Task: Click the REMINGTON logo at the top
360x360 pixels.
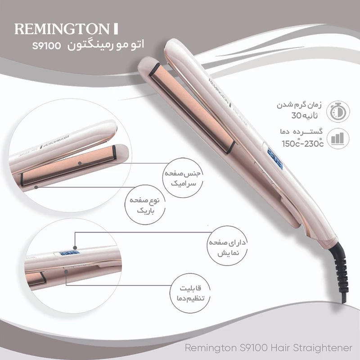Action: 66,29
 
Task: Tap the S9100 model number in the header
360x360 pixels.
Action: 47,46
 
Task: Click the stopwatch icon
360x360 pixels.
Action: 338,112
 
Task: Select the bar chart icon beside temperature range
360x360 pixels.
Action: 337,139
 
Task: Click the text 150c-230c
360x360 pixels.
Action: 302,143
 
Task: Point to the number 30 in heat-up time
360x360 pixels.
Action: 296,116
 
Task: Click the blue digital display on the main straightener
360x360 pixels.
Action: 275,159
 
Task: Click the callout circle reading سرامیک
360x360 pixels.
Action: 183,178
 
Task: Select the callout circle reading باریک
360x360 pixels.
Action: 144,205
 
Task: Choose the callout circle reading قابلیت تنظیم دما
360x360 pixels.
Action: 190,293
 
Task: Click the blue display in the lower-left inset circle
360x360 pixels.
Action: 69,253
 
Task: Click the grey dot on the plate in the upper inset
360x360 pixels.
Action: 80,163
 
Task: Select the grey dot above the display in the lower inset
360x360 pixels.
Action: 75,248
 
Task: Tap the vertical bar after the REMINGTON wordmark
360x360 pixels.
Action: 116,29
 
